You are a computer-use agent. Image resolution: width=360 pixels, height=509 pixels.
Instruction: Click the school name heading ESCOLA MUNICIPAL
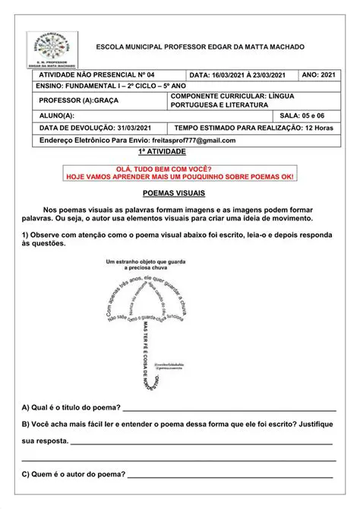tap(199, 47)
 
